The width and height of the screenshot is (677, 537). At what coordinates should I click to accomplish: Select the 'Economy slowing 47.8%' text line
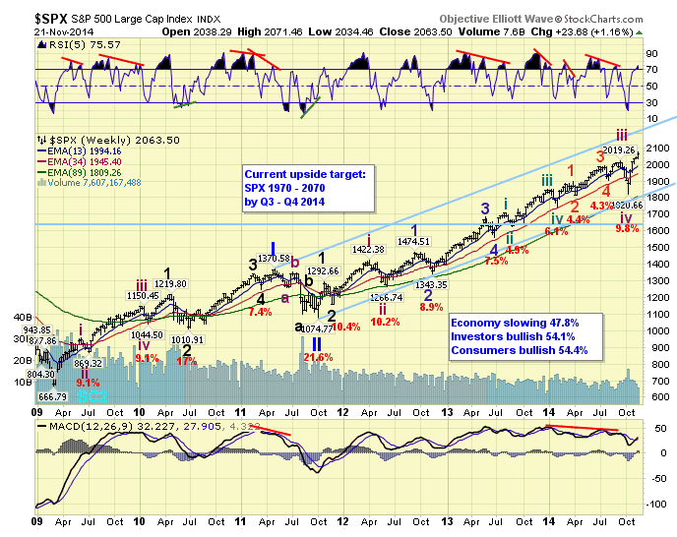coord(514,322)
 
